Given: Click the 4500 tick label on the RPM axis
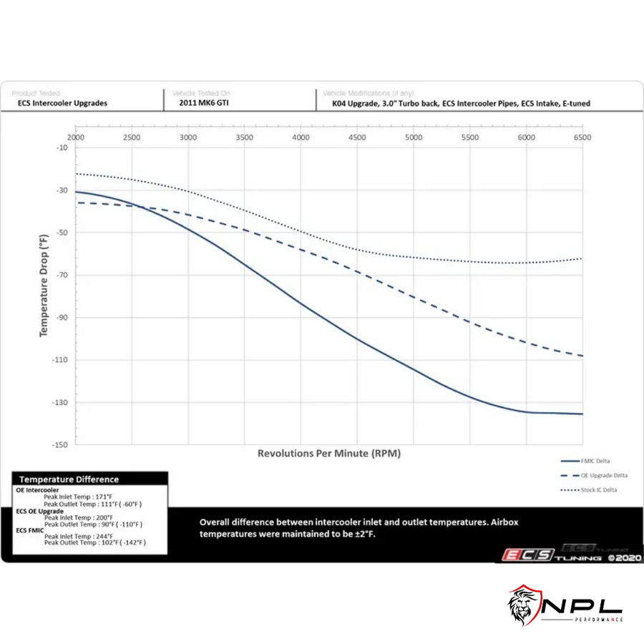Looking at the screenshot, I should pos(357,136).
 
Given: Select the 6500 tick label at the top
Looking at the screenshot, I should pos(582,136).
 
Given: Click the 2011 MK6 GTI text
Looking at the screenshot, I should pos(205,103).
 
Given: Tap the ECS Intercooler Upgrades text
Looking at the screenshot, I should pos(63,103).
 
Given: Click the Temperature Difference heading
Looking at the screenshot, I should pos(69,479).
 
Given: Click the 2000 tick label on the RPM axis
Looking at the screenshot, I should pos(76,136).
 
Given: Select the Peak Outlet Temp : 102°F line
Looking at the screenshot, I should pos(94,543).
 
